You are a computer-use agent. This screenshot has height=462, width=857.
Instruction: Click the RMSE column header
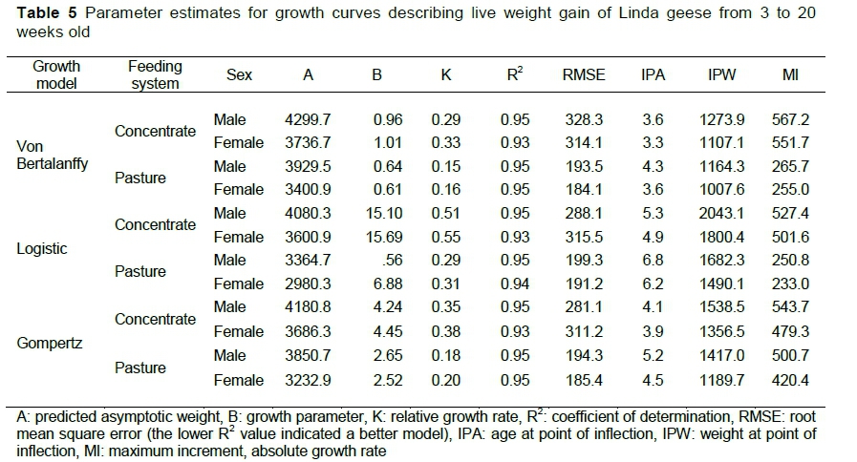coord(583,74)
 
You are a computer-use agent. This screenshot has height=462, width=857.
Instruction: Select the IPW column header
coord(722,74)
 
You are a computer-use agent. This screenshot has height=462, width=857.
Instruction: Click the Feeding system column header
coord(155,74)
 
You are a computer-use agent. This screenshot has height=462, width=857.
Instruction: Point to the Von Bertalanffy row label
coord(53,155)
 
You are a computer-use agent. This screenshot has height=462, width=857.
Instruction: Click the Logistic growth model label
coord(42,248)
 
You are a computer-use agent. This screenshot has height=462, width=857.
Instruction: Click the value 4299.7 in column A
coord(307,120)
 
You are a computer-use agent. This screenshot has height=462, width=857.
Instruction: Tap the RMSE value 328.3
coord(584,120)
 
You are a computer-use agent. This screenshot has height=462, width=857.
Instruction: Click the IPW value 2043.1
coord(722,213)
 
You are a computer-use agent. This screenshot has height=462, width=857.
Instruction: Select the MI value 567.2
coord(790,120)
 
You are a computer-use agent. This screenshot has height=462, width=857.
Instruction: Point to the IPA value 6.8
coord(653,261)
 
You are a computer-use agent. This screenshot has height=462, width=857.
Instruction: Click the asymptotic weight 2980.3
coord(307,283)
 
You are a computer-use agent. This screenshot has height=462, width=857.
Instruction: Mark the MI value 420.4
coord(790,380)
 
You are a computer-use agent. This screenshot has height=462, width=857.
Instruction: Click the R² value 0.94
coord(514,283)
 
